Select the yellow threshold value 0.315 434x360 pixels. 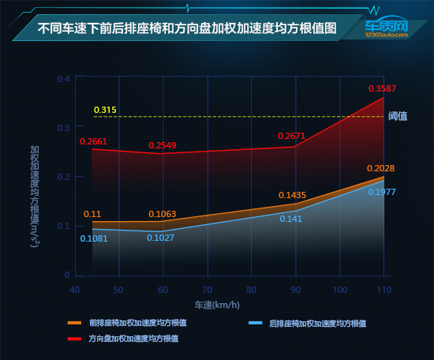105,109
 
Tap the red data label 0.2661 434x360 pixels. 94,142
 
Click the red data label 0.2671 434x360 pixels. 291,136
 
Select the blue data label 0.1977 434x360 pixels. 382,193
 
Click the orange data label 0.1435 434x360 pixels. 291,194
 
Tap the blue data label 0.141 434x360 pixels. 291,219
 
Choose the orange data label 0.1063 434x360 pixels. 163,214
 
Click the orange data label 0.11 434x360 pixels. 92,214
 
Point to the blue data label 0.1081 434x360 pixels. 94,238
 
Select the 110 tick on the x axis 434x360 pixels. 383,291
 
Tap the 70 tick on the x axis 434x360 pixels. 207,291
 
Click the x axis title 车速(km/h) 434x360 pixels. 217,305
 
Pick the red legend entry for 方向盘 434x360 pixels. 130,338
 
